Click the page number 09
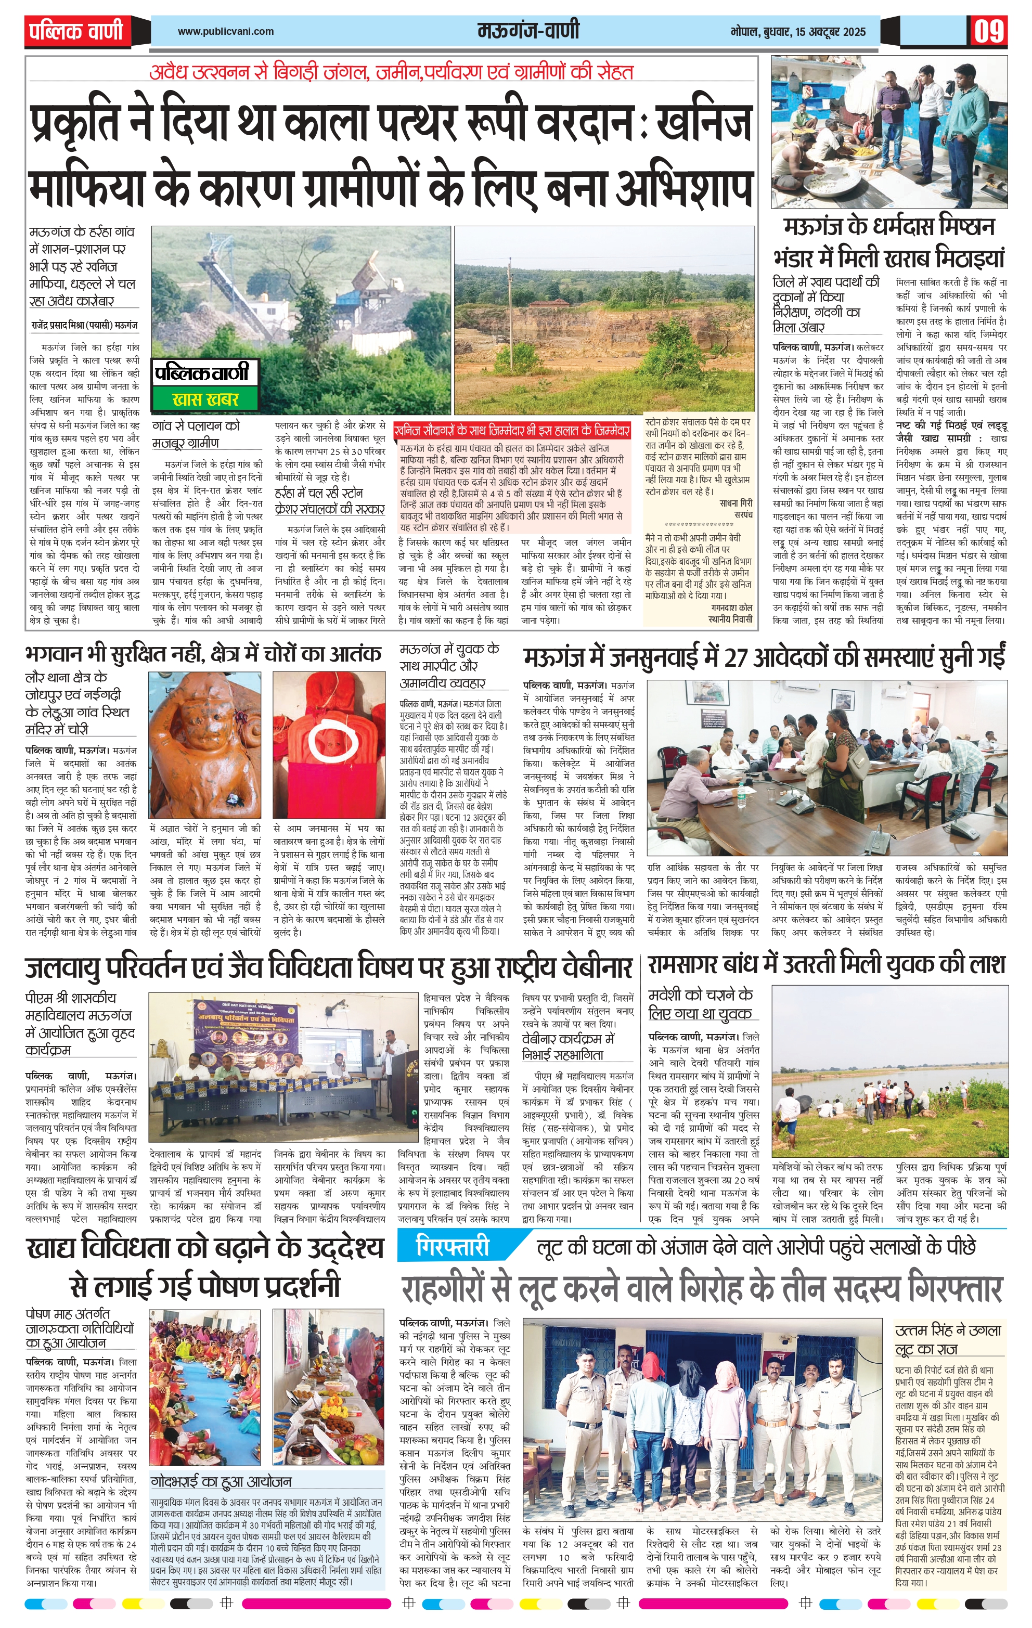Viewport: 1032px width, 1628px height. pos(989,32)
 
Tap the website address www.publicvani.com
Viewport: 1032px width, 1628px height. pos(225,31)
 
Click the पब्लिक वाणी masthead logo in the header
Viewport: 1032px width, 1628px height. pos(76,31)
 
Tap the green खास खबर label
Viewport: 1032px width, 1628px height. pos(205,399)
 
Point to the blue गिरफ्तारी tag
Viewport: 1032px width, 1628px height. pos(453,1247)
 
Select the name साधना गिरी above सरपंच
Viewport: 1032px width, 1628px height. pos(736,503)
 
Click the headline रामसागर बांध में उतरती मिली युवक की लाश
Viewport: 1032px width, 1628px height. pos(827,964)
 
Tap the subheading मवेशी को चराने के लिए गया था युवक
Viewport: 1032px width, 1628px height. pos(700,1004)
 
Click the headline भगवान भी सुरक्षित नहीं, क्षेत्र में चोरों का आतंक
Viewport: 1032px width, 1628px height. pos(203,654)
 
